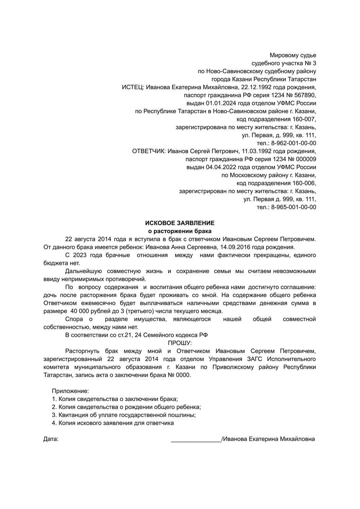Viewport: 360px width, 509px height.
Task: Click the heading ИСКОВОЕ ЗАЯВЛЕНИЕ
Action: pos(180,223)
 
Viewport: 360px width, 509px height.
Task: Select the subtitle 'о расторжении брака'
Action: pos(180,231)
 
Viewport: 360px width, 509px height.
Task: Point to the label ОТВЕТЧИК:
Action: pos(149,151)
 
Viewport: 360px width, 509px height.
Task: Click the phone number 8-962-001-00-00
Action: pos(294,143)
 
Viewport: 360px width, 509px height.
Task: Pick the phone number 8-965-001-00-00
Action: pos(294,207)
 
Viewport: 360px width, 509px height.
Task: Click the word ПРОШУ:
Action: pos(180,343)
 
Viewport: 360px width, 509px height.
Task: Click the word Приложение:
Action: pos(70,391)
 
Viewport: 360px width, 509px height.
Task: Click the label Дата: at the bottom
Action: pos(51,439)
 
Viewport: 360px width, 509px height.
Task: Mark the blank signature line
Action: pos(196,440)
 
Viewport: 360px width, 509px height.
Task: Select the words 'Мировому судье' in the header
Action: pos(293,55)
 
